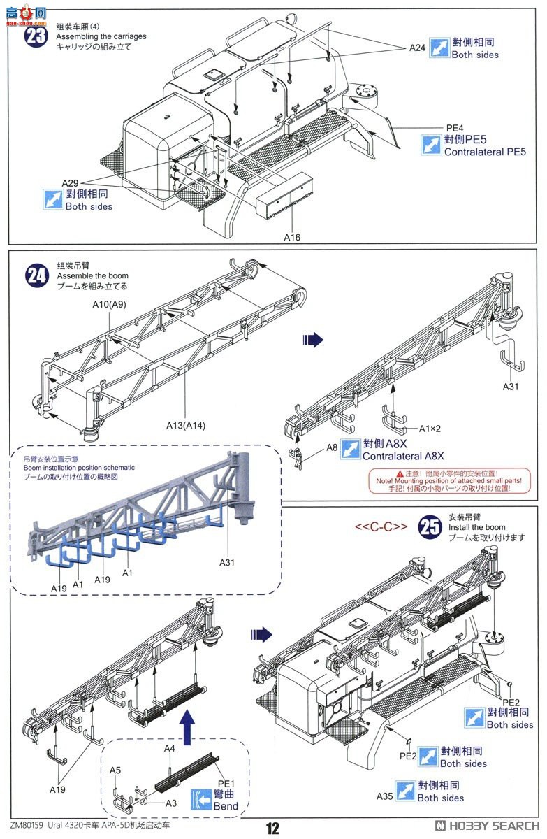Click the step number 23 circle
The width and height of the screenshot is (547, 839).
point(36,35)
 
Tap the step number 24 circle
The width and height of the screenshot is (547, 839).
point(36,275)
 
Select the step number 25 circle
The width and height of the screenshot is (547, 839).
point(429,527)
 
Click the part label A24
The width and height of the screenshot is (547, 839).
point(417,48)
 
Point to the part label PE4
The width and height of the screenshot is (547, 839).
point(455,127)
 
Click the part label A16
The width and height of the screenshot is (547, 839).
point(292,237)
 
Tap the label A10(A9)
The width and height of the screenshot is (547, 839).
point(109,305)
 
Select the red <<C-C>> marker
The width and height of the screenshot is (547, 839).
point(381,526)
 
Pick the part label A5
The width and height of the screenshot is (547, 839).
point(115,770)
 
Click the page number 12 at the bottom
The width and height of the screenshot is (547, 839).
point(272,828)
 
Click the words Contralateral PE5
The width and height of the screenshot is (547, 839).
point(485,151)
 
